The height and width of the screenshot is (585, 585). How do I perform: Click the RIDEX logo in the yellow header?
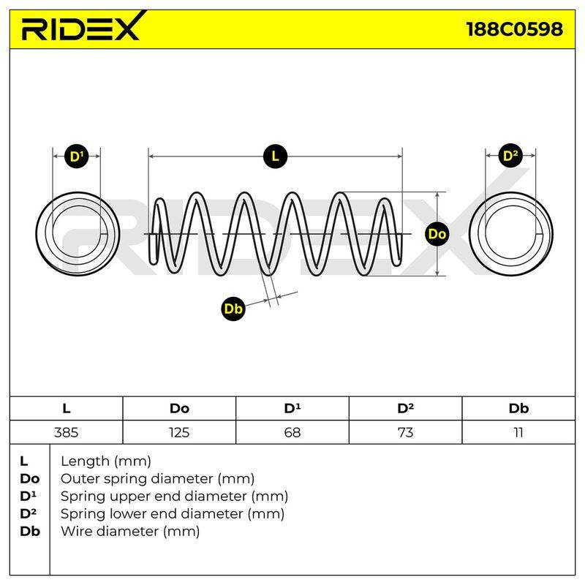[x=83, y=27]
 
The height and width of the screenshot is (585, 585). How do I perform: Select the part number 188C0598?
[x=515, y=29]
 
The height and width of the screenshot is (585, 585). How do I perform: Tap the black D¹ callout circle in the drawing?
[x=77, y=156]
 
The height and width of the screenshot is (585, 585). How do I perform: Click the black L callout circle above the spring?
[x=275, y=156]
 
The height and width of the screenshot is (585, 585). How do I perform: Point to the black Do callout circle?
[x=437, y=234]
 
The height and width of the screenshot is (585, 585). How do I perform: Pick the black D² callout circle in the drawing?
[x=510, y=156]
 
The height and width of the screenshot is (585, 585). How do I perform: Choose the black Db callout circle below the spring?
[x=233, y=309]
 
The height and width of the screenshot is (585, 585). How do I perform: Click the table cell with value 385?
[x=66, y=432]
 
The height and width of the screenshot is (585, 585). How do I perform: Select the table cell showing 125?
[x=179, y=432]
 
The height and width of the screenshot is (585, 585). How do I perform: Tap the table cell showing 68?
[x=292, y=432]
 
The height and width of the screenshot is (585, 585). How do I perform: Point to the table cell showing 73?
[x=406, y=432]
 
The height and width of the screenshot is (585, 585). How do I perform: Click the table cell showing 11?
[x=518, y=432]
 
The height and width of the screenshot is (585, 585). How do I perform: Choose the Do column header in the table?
[x=179, y=409]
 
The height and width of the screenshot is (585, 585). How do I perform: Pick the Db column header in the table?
[x=518, y=409]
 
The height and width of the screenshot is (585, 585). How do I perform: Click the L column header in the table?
[x=66, y=409]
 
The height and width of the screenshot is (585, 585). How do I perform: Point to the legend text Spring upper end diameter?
[x=154, y=497]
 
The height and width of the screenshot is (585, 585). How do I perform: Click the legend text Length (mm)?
[x=106, y=462]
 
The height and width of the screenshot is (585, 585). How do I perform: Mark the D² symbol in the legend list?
[x=28, y=514]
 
